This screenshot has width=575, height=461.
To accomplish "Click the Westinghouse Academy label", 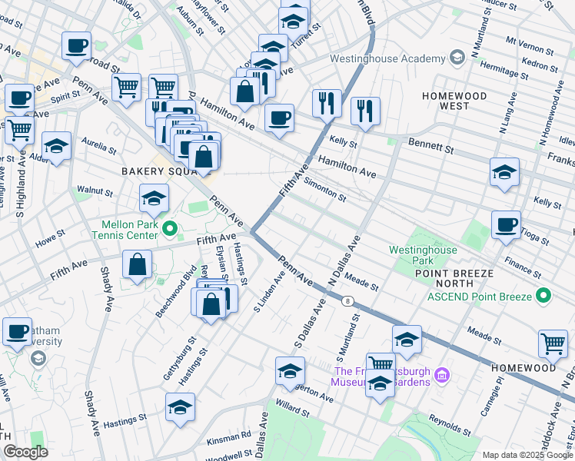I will tap(387, 59).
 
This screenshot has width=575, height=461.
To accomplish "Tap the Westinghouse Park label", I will tap(423, 255).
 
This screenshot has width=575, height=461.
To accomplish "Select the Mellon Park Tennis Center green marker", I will tap(171, 227).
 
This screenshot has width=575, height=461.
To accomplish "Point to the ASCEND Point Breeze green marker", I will tap(544, 295).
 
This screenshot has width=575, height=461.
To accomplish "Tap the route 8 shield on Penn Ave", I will tap(349, 301).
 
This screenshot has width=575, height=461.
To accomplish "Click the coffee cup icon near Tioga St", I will tap(506, 224).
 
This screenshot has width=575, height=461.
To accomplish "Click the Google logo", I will tap(25, 452).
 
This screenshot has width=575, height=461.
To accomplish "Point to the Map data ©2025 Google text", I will tap(527, 455).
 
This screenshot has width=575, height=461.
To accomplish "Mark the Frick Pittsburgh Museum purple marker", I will tap(442, 375).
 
